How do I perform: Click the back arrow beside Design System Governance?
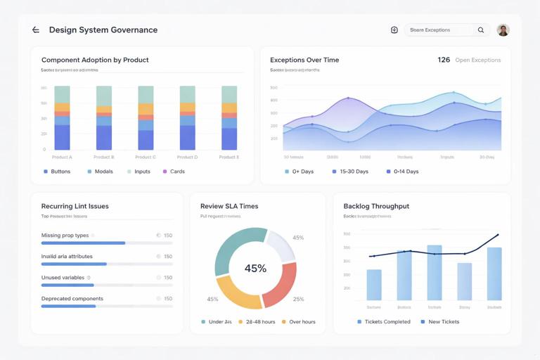[36, 30]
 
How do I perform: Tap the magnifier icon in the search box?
[481, 30]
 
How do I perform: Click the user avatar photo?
[503, 30]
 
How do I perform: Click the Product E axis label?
[229, 157]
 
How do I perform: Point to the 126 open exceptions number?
[444, 60]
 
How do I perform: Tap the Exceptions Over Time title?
[304, 60]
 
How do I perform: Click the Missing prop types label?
[65, 236]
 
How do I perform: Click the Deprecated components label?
[72, 299]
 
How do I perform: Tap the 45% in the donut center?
[255, 269]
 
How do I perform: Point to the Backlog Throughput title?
[376, 206]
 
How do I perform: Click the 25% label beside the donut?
[298, 300]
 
